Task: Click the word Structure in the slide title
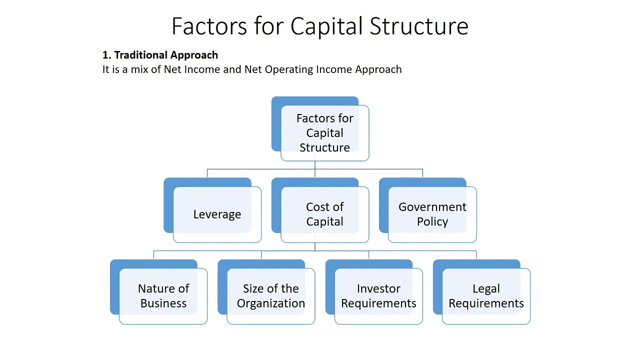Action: point(418,26)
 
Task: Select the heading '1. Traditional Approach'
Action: point(160,55)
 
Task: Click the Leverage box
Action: point(217,214)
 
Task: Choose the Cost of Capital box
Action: point(324,214)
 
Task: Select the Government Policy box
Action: point(432,214)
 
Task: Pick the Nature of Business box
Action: point(163,296)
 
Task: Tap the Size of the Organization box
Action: point(271,296)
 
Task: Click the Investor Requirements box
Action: point(378,296)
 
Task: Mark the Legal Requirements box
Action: point(486,296)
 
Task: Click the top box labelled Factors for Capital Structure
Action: point(324,133)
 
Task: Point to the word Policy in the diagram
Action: point(432,222)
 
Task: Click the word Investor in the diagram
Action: point(378,289)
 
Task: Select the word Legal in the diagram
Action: point(486,289)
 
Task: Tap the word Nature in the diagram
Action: point(156,289)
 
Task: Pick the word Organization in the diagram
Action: point(271,303)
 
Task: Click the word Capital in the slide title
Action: point(326,26)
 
